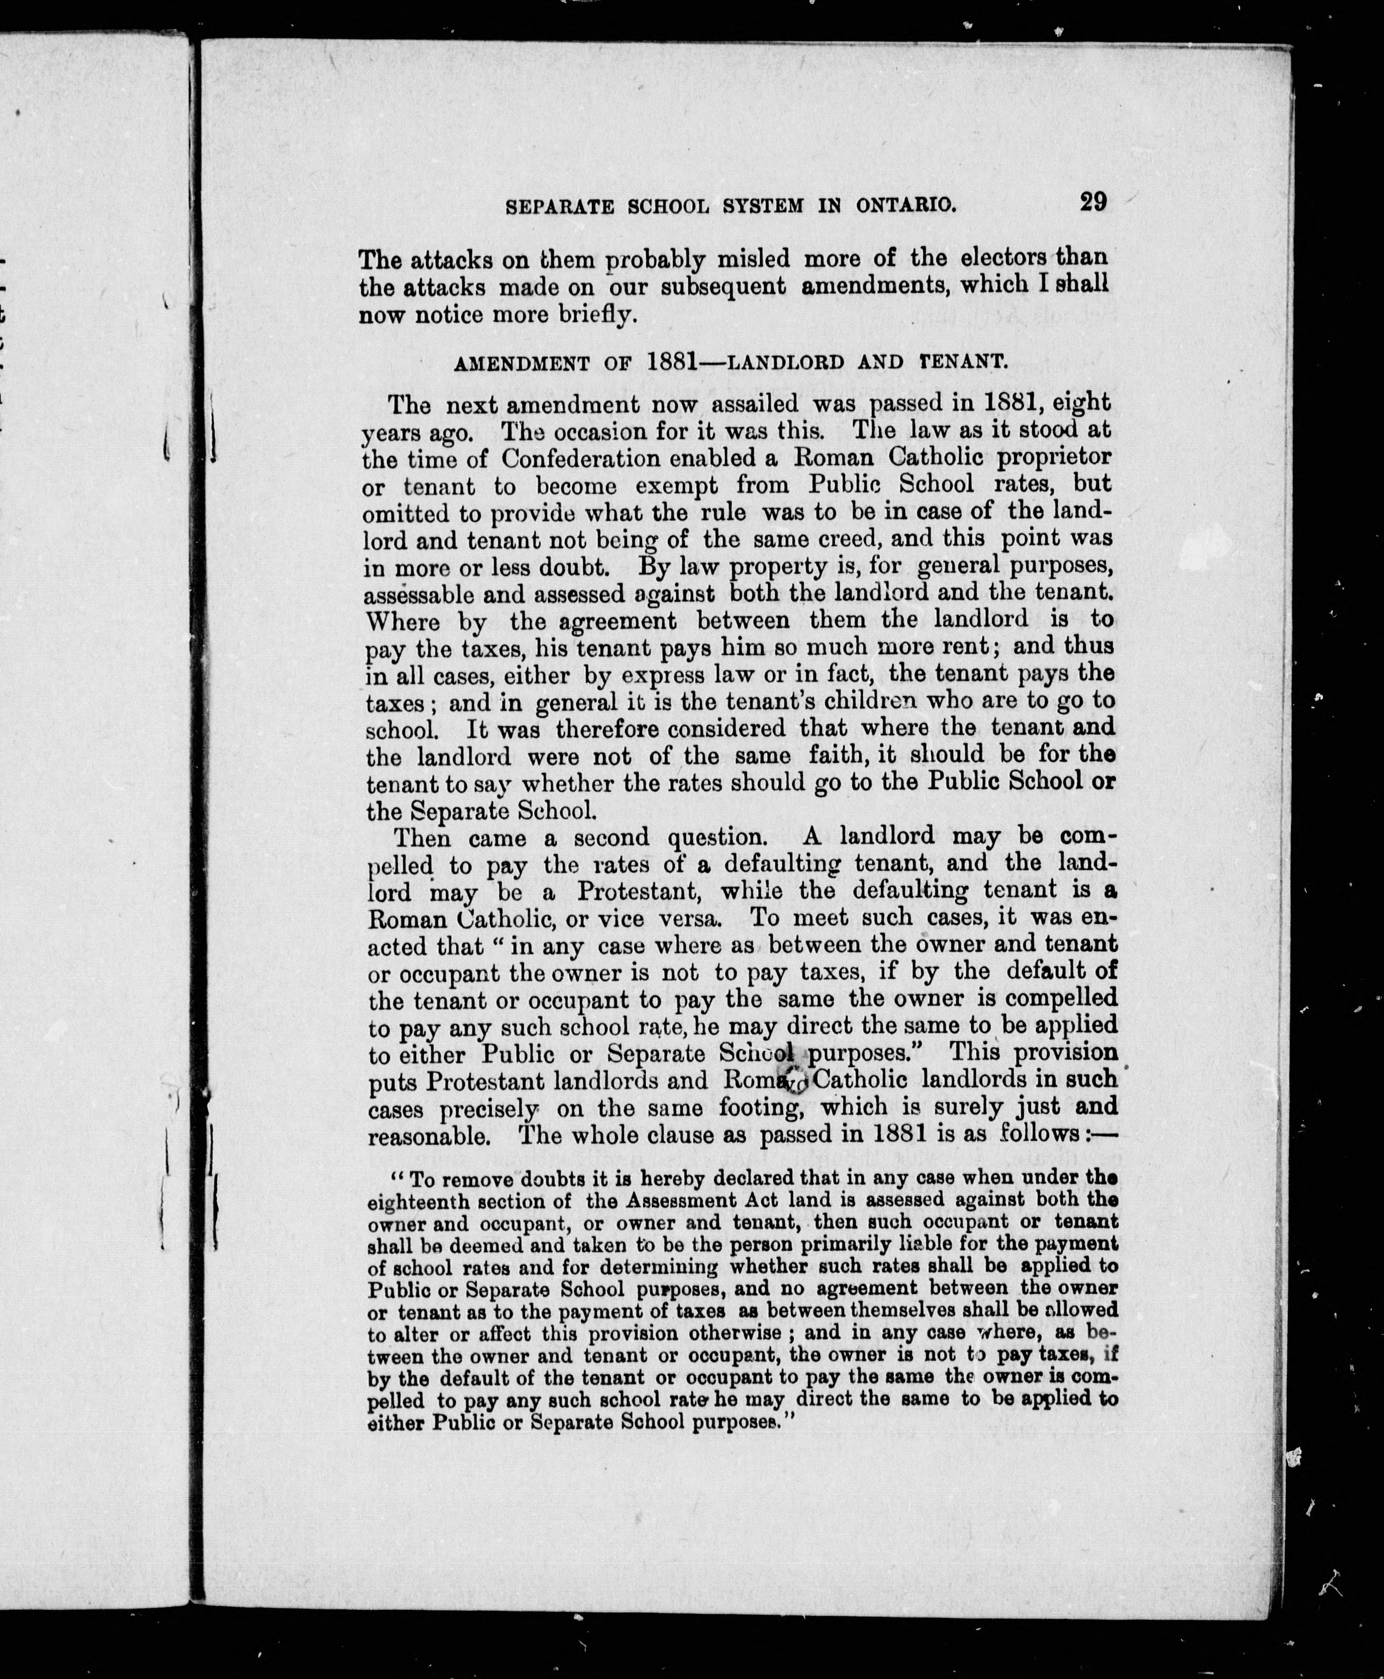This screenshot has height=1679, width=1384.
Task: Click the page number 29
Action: pos(1093,202)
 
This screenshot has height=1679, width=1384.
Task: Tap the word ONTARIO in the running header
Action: pos(906,206)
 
